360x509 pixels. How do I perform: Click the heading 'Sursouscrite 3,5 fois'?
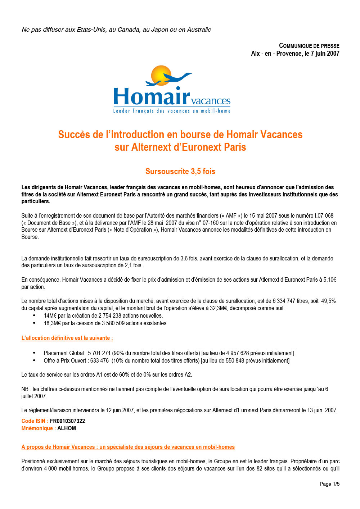coord(180,171)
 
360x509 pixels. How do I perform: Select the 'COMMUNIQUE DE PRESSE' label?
coord(309,46)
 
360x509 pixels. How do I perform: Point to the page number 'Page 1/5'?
coord(329,484)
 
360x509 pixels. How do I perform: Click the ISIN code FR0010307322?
coord(67,421)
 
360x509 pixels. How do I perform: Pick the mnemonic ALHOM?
coord(67,428)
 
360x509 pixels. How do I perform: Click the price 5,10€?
coord(329,280)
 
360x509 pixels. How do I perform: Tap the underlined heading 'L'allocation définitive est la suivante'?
coord(67,338)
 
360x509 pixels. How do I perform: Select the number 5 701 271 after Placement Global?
coord(99,353)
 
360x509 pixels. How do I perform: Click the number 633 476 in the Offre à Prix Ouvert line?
coord(99,360)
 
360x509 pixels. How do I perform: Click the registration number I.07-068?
coord(324,215)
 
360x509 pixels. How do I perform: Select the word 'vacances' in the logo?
coord(211,101)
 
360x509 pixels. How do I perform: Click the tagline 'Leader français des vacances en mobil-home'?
coord(172,111)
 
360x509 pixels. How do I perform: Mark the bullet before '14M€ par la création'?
coord(34,315)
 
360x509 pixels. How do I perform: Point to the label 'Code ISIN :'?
coord(35,421)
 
